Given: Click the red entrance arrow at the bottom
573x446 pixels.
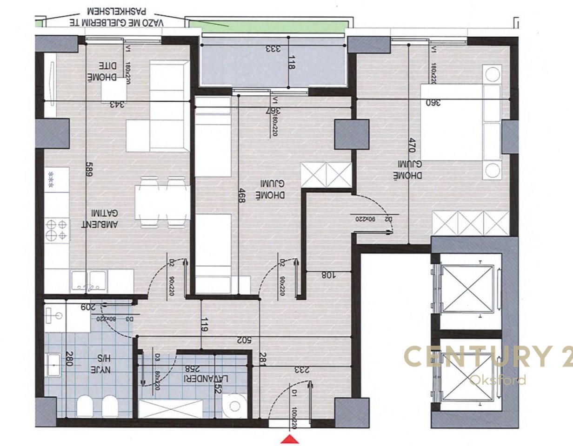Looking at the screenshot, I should (x=290, y=439).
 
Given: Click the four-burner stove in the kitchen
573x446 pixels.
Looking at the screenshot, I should (x=57, y=230).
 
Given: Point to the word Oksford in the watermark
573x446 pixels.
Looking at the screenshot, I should (x=498, y=380).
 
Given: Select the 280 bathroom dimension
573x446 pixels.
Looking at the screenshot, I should (x=69, y=359).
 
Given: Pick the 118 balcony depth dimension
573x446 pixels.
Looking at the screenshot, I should (x=292, y=63).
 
